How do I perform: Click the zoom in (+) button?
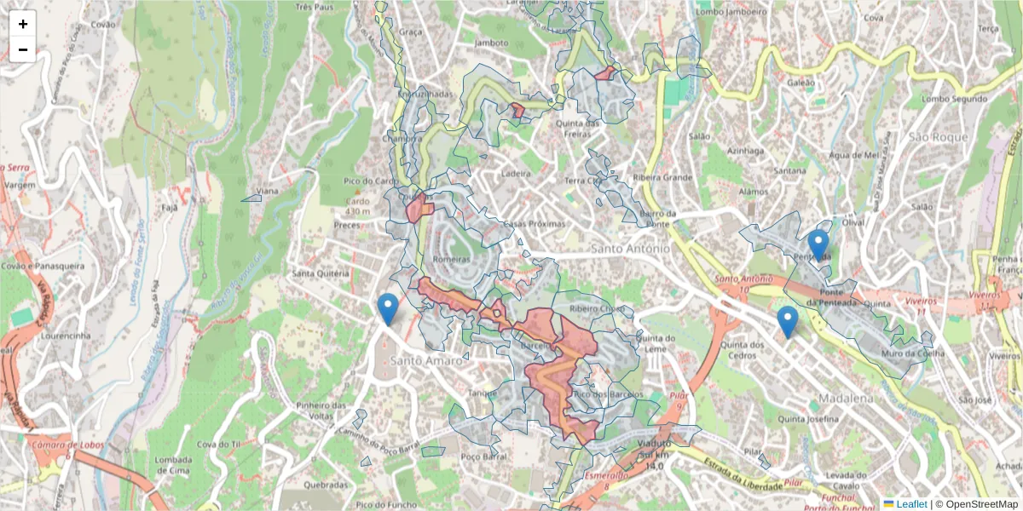(x=23, y=24)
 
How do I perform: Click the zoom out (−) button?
(x=23, y=49)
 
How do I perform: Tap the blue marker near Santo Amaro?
(x=388, y=309)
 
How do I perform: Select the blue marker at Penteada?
(x=818, y=244)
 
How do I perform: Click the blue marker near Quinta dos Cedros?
(x=787, y=322)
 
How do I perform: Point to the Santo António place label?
(x=629, y=248)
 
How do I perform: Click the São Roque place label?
(x=938, y=137)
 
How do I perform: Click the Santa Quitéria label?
(x=321, y=273)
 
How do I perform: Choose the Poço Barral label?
(x=483, y=457)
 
